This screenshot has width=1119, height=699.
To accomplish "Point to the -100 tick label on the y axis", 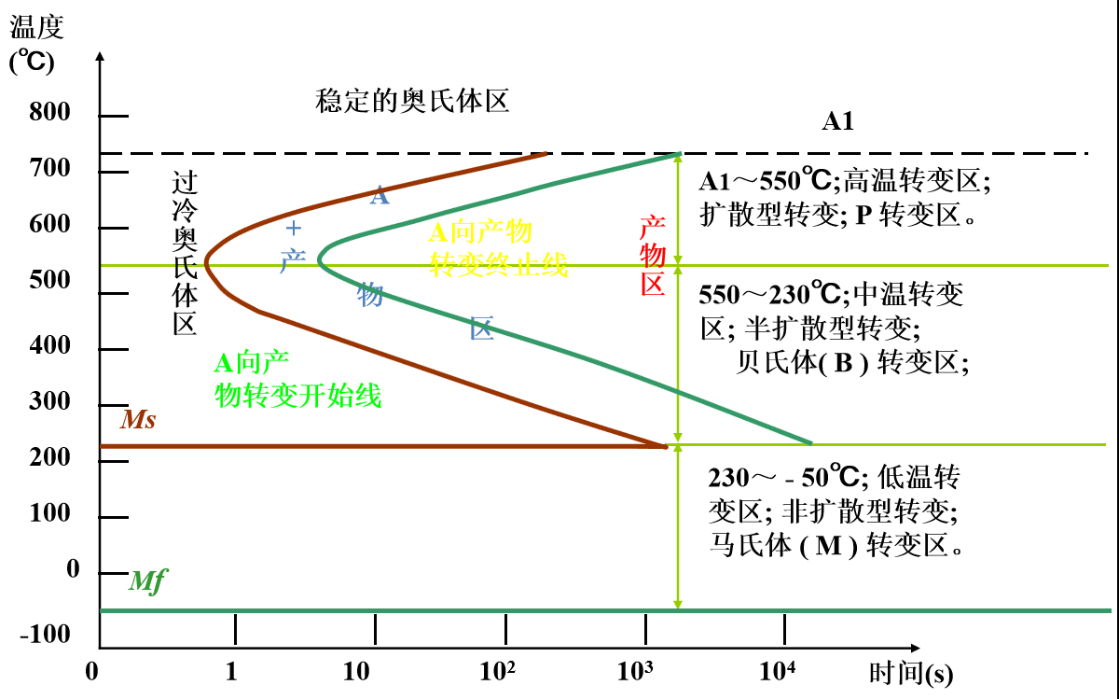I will tap(45, 635).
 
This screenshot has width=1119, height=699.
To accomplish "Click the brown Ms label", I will tap(137, 420).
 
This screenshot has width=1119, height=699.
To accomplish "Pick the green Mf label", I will tap(147, 581).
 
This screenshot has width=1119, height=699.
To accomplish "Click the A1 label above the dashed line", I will tap(837, 121).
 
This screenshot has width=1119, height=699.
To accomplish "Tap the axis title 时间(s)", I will tap(911, 673).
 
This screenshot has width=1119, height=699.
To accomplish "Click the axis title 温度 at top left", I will tap(36, 27).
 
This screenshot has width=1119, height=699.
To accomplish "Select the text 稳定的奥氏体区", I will tap(412, 101).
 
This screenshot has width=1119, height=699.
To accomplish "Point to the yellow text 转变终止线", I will tap(498, 264).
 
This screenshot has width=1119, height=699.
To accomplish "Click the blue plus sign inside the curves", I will tap(294, 228).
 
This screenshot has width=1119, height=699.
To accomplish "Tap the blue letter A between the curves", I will tap(379, 196).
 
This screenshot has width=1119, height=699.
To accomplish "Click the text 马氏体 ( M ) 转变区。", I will tap(836, 544).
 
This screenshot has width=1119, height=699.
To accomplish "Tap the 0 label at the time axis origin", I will tap(91, 672).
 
